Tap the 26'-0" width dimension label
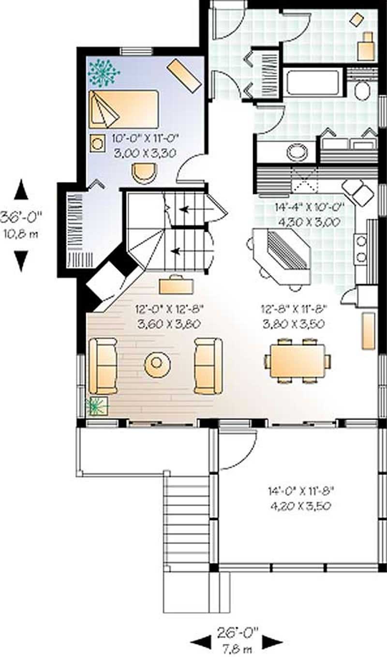coord(237,631)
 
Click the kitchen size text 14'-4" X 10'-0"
coord(309,208)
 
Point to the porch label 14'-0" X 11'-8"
coord(301,492)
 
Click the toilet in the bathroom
coord(361,90)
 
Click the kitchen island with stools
coord(281,254)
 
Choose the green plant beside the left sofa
coord(97,405)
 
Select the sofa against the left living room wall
coord(103,365)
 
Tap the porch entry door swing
coord(238,450)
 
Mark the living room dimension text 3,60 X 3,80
coord(169,324)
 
